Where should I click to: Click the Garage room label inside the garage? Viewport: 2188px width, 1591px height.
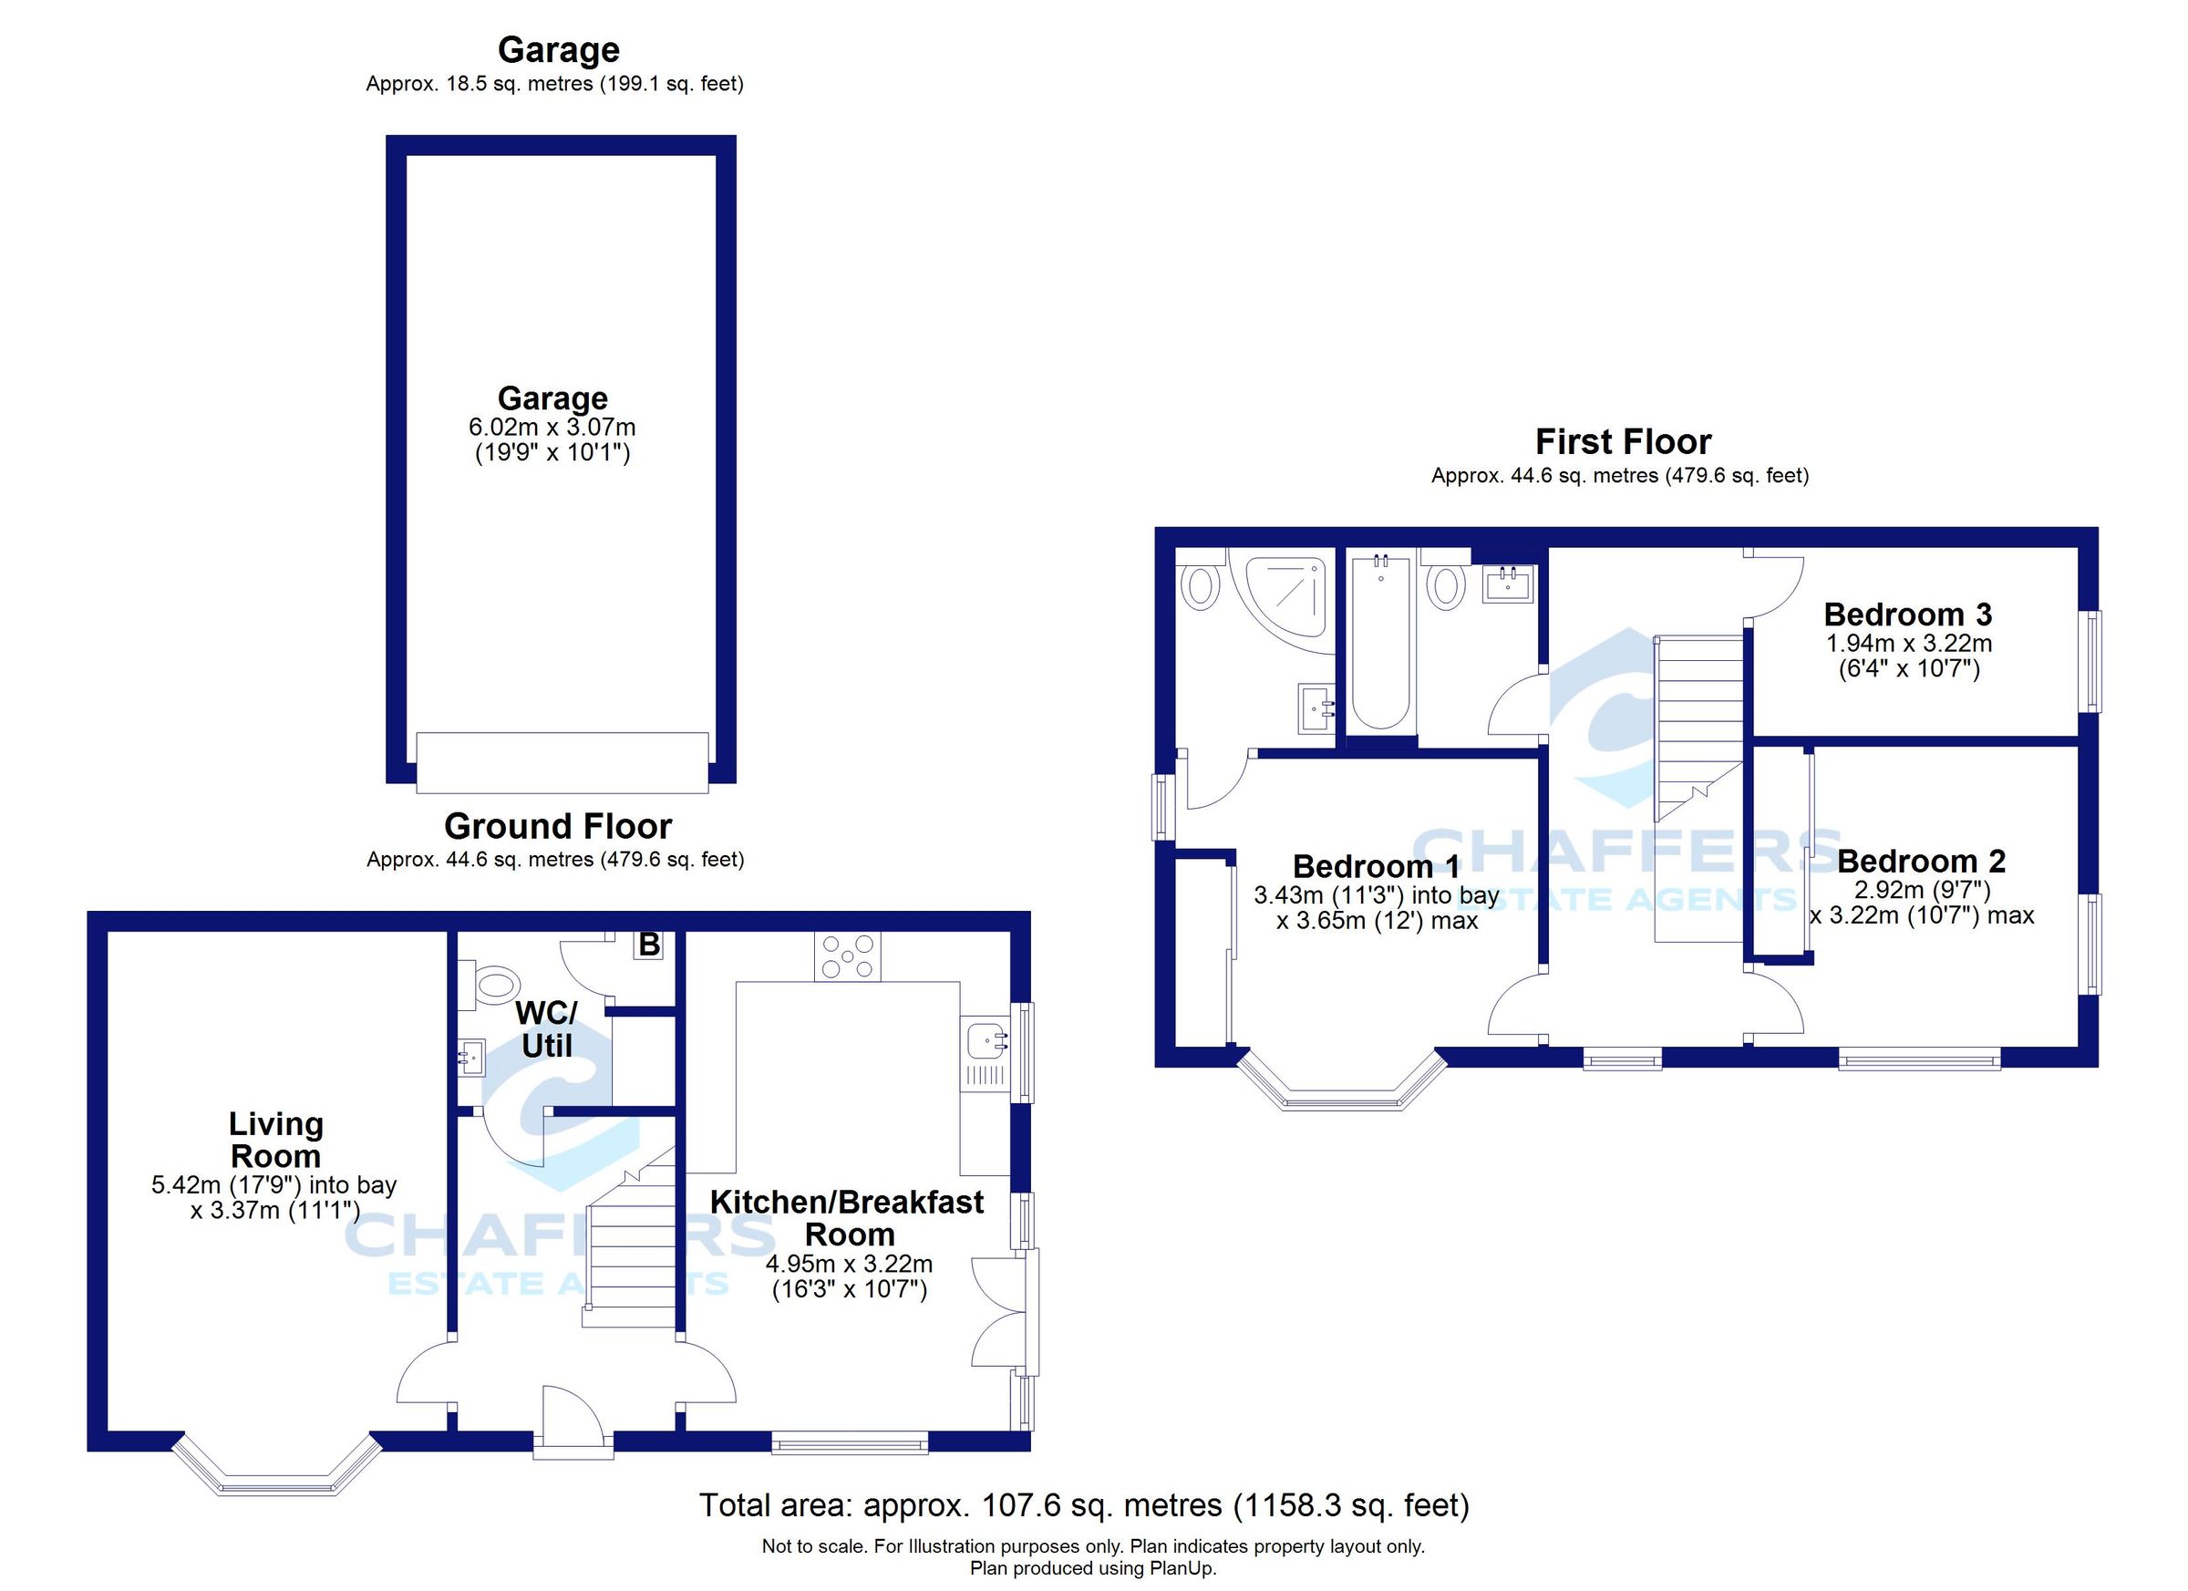[552, 398]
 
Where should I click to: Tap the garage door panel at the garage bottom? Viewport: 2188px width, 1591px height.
[562, 762]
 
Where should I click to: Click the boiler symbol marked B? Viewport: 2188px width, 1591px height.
[649, 945]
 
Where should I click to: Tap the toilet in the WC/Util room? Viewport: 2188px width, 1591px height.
[496, 985]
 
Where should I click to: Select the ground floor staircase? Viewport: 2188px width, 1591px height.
[632, 1255]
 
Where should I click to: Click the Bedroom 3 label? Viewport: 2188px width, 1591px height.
[1907, 615]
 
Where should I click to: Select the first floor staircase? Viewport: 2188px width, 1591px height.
[1698, 724]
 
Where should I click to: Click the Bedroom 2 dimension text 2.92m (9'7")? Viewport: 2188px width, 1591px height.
[1922, 889]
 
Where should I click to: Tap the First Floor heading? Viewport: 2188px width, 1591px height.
[1623, 442]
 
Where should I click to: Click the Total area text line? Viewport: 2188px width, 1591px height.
[1083, 1505]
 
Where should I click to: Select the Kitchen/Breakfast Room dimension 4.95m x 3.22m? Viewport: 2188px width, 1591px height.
[849, 1264]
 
